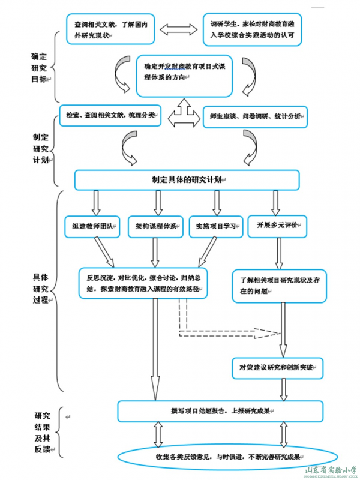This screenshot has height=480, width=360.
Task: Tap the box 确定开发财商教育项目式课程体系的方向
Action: coord(184,76)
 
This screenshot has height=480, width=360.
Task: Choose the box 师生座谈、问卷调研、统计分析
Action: coord(256,116)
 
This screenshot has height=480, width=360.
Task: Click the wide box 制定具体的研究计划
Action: coord(187,179)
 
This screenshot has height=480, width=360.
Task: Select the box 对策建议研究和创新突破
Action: coord(277,367)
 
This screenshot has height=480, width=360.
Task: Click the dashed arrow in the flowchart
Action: coord(228,331)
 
